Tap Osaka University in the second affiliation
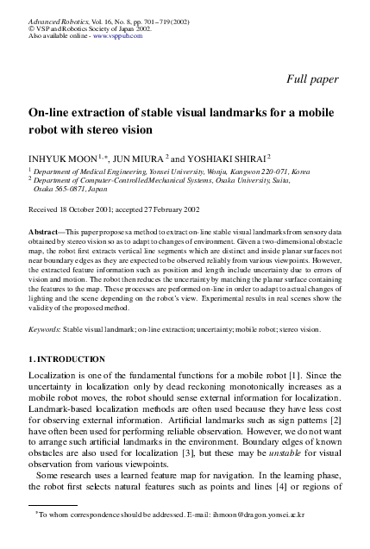[x=277, y=180]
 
